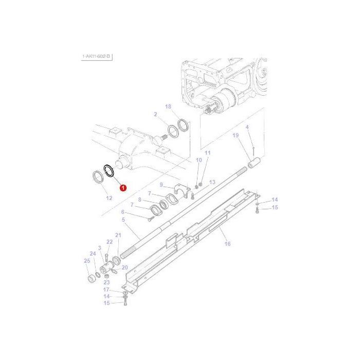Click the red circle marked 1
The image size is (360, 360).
click(123, 188)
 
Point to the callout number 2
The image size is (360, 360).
click(155, 114)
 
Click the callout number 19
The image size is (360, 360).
click(236, 136)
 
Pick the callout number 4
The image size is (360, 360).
click(247, 127)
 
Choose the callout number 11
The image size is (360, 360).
click(208, 153)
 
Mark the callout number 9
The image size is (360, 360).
click(161, 185)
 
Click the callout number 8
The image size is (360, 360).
click(139, 200)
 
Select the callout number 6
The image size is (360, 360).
click(123, 212)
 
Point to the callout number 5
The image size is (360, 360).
click(123, 220)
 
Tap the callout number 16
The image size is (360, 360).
click(227, 244)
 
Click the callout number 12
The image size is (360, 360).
click(109, 198)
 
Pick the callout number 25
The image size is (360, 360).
click(86, 261)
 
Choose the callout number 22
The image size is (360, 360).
click(110, 242)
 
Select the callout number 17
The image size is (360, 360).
click(106, 290)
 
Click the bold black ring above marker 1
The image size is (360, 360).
click(109, 170)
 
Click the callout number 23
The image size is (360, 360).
click(106, 282)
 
